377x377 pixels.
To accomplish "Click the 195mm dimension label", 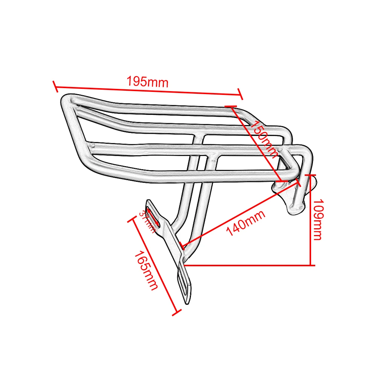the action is (x=147, y=82).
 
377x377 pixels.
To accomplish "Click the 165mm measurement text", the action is (x=146, y=270).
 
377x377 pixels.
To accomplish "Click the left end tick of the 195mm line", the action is (x=55, y=86).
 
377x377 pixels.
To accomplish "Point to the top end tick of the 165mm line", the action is (x=133, y=220).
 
